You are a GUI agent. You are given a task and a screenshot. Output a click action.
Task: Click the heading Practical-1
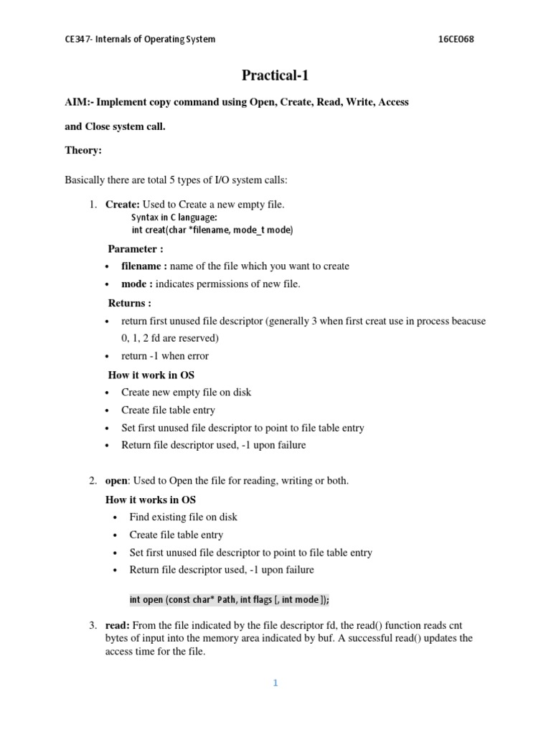coord(275,75)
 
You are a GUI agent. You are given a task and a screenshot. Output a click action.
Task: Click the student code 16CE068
coord(456,39)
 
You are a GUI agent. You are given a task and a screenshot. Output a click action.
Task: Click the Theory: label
coord(83,151)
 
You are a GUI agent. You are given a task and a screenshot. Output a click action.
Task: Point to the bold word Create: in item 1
coord(123,205)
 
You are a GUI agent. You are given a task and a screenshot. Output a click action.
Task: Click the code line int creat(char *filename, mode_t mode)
coord(212,230)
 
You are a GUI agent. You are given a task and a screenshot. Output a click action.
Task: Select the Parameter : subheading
coord(136,248)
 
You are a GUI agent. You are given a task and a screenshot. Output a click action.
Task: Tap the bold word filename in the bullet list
coord(142,266)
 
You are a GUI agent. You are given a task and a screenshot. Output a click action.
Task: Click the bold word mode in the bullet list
coord(135,284)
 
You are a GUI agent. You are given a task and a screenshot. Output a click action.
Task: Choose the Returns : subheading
coord(130,303)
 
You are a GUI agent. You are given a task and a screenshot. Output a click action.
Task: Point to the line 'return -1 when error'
coord(165,356)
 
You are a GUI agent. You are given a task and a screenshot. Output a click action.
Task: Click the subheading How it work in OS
coord(151,375)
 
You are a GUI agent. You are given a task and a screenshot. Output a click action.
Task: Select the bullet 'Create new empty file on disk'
coord(187,393)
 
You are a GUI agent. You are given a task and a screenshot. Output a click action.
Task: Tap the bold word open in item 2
coord(116,481)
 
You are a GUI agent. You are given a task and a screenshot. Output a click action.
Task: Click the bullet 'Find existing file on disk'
coord(184,517)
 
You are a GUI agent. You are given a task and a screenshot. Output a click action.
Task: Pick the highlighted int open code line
coord(229,599)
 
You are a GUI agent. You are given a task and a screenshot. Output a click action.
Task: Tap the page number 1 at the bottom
coord(275,683)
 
